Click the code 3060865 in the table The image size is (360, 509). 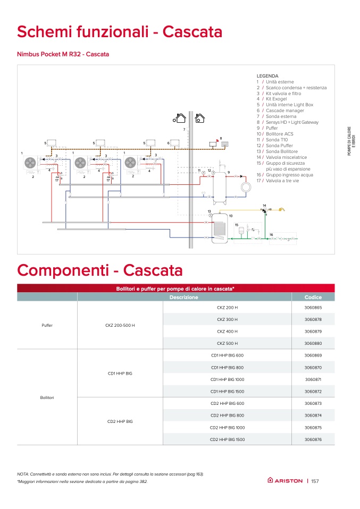click(x=313, y=308)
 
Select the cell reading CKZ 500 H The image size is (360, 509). click(x=227, y=343)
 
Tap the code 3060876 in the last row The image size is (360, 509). click(x=313, y=439)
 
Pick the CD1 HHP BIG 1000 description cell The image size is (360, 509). click(x=227, y=379)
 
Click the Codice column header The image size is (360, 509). click(x=313, y=298)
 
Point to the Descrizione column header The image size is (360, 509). click(x=184, y=298)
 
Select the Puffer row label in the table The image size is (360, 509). click(x=47, y=325)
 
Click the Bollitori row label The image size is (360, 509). click(x=47, y=397)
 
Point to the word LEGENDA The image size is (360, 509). click(x=267, y=76)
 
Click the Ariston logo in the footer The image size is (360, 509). click(x=285, y=481)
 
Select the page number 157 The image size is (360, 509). click(x=314, y=481)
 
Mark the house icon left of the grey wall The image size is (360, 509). click(x=181, y=118)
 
